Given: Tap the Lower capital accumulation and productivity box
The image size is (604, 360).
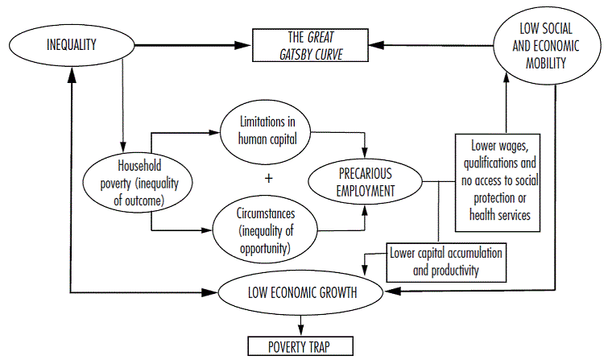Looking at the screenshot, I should tap(446, 262).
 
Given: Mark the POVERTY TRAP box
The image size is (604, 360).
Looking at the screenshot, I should tap(300, 348).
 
